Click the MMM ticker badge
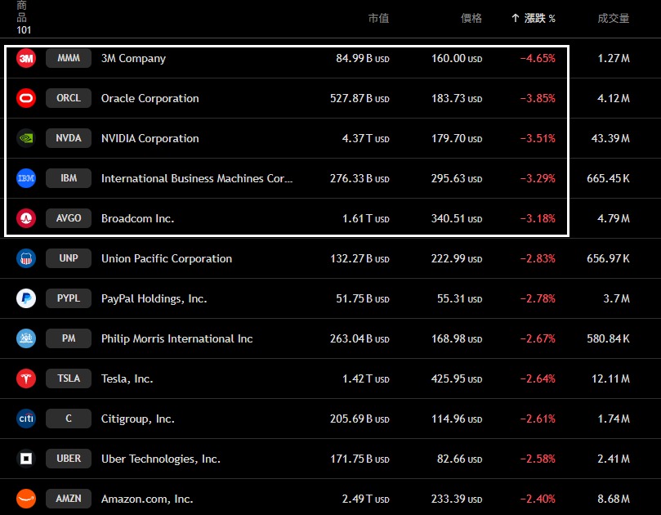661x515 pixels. point(69,58)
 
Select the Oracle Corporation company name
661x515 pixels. point(150,98)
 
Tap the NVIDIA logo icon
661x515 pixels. point(26,138)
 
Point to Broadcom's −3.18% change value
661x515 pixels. point(538,218)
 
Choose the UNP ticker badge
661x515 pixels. point(69,258)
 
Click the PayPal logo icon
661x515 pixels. point(26,298)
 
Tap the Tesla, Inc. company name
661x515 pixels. point(127,378)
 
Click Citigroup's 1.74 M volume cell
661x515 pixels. point(613,419)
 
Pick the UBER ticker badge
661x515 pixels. point(69,459)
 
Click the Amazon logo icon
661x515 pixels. point(26,499)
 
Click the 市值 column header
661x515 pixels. point(378,18)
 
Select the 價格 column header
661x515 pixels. point(471,18)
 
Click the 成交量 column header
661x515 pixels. point(613,18)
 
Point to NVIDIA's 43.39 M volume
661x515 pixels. point(610,138)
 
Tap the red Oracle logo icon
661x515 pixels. point(26,98)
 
